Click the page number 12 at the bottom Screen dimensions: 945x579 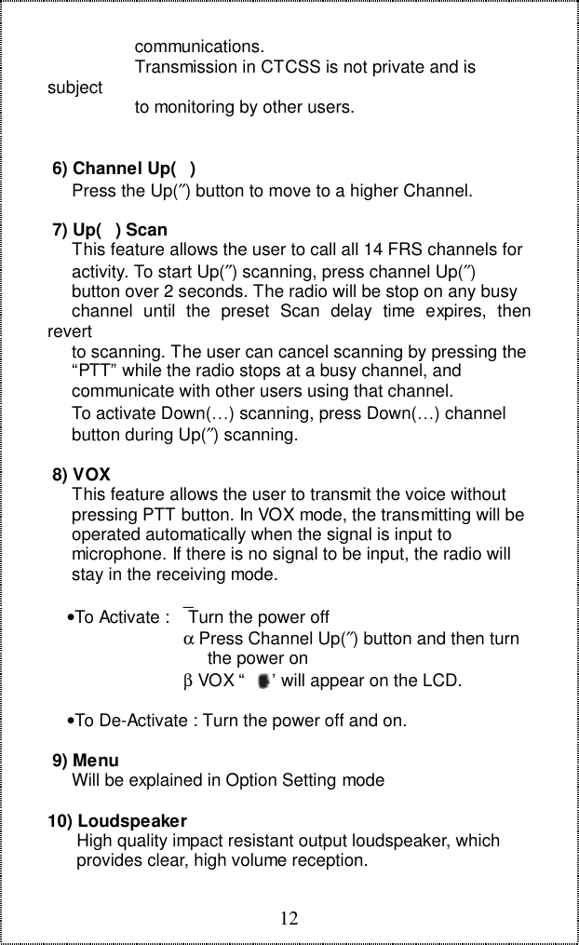click(x=290, y=920)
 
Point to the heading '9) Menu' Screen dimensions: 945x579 click(x=86, y=761)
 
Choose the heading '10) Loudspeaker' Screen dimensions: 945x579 click(x=117, y=822)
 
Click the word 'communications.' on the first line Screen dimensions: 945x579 click(x=198, y=47)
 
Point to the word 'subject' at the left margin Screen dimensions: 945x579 click(x=74, y=88)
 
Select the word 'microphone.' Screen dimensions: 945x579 click(x=117, y=556)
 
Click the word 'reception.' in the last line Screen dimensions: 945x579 click(x=331, y=860)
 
